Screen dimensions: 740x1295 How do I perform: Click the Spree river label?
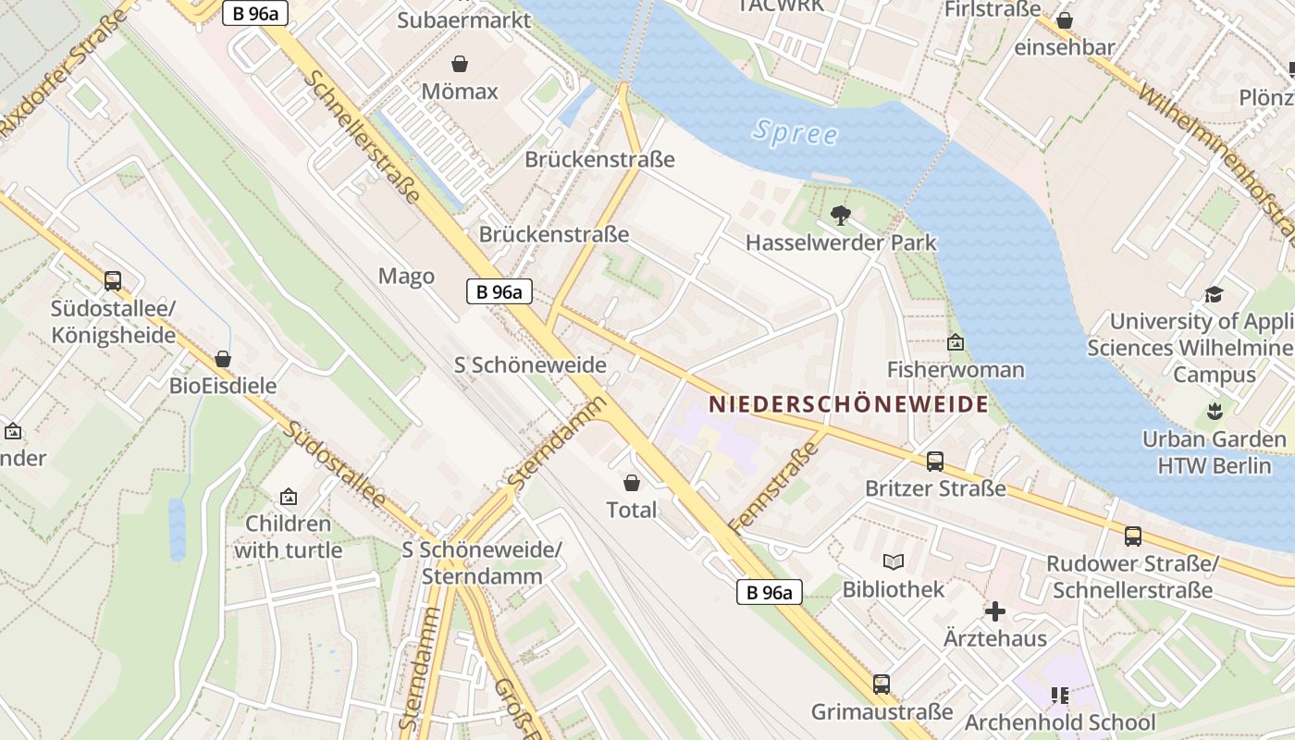(x=795, y=132)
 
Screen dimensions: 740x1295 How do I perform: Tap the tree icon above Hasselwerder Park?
(x=840, y=216)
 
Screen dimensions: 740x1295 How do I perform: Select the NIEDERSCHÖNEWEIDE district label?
(x=848, y=404)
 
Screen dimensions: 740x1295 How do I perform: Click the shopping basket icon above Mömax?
(x=459, y=64)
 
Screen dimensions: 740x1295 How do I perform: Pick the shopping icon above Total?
(x=632, y=483)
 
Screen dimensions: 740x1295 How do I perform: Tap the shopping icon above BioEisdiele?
(x=222, y=359)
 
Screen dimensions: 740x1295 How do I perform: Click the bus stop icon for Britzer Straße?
(x=935, y=461)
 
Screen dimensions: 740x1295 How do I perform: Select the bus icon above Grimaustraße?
(x=881, y=684)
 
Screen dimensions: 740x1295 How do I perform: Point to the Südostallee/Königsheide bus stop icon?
(x=113, y=280)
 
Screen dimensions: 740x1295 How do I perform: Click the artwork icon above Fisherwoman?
(x=956, y=343)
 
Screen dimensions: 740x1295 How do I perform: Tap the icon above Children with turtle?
(x=288, y=497)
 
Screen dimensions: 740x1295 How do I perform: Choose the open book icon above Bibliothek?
(x=893, y=561)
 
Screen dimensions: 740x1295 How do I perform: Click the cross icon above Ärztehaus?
(x=995, y=611)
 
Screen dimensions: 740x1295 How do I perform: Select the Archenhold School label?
(x=1060, y=721)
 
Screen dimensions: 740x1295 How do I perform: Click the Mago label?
(x=406, y=277)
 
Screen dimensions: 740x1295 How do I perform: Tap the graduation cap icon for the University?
(x=1214, y=294)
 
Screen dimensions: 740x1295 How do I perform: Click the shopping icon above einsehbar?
(x=1065, y=20)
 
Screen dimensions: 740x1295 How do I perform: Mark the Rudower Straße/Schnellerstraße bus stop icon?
(x=1132, y=536)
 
